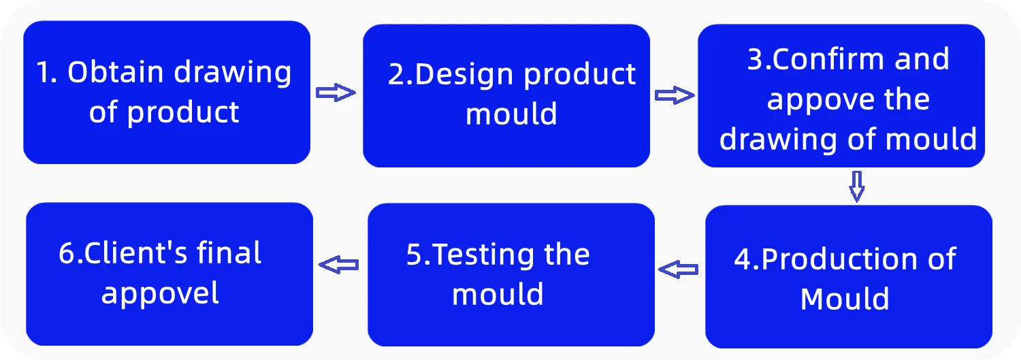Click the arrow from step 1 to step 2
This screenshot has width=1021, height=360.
[x=336, y=93]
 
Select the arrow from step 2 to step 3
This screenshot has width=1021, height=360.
[x=675, y=96]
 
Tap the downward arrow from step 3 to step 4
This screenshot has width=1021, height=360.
[x=857, y=186]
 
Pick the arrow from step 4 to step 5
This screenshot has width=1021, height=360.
[x=679, y=270]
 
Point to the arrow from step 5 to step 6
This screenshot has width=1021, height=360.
[x=339, y=265]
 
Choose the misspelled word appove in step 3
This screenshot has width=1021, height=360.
[x=811, y=101]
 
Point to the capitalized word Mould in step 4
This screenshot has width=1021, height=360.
[x=845, y=299]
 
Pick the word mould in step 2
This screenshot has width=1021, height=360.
[x=511, y=114]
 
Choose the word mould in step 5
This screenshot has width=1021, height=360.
[x=498, y=295]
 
